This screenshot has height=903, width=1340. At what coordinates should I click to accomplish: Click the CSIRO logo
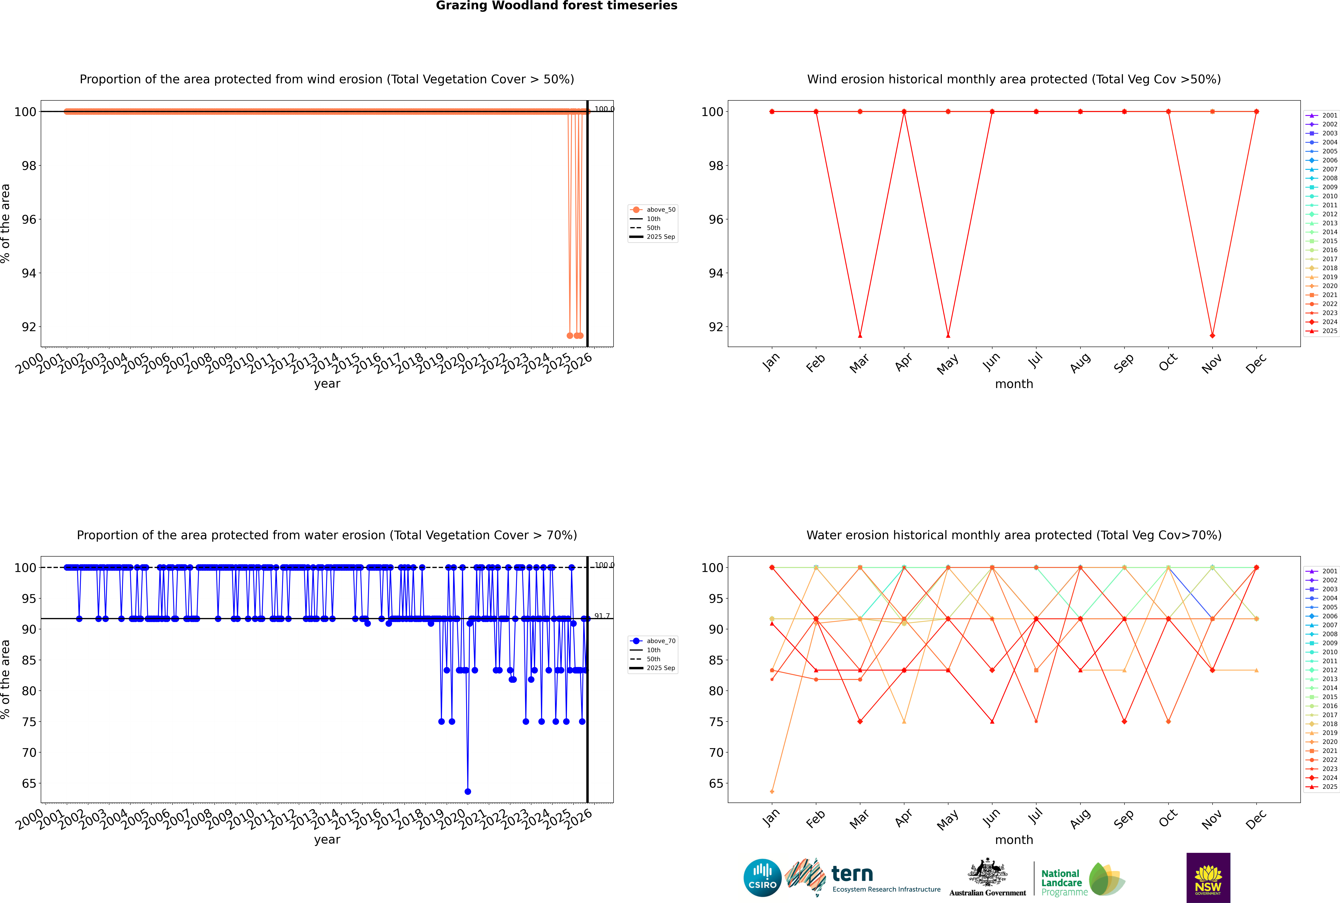tap(762, 878)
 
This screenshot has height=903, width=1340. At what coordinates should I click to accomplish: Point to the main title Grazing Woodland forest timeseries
tap(557, 6)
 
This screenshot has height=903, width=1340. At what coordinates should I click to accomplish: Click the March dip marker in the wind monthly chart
tap(860, 336)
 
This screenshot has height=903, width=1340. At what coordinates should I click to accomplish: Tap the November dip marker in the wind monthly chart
tap(1213, 336)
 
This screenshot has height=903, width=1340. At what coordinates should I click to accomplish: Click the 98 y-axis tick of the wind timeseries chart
tap(29, 166)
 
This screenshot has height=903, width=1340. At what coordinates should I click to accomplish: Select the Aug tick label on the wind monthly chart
tap(1080, 363)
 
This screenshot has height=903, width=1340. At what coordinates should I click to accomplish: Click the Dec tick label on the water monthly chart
tap(1256, 819)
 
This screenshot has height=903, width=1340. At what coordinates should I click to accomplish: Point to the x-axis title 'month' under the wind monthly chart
tap(1014, 384)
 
